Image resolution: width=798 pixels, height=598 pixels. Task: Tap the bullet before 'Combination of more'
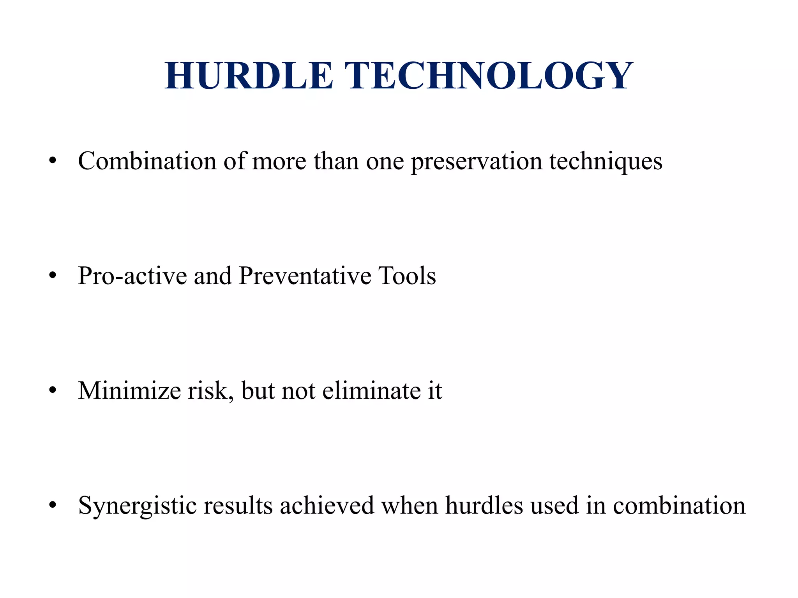pyautogui.click(x=53, y=160)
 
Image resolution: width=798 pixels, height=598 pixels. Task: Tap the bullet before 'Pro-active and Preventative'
pyautogui.click(x=53, y=276)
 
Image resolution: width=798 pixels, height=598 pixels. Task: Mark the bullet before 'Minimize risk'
pyautogui.click(x=53, y=390)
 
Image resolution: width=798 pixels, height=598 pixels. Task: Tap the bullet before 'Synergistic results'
pyautogui.click(x=53, y=505)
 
